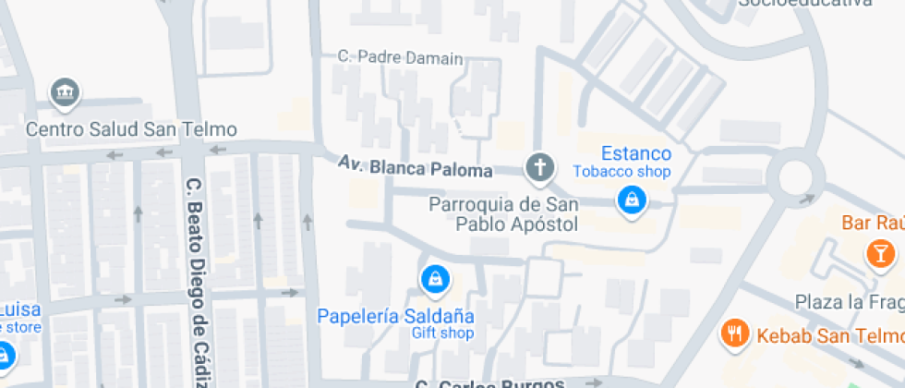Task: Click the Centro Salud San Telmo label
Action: click(131, 129)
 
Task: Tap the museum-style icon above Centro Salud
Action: click(66, 91)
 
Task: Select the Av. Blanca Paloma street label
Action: click(416, 168)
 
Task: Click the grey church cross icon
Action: click(540, 168)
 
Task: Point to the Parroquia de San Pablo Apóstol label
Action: click(504, 213)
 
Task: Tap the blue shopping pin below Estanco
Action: click(632, 199)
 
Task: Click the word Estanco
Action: click(635, 153)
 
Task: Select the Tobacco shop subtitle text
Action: click(621, 172)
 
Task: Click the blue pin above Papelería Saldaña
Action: click(433, 277)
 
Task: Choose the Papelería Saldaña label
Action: click(396, 316)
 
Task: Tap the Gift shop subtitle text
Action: click(442, 333)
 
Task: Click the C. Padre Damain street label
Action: click(401, 58)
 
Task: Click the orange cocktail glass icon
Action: click(879, 252)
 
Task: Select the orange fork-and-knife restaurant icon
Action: click(735, 333)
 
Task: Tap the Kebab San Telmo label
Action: click(829, 334)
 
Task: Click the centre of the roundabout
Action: click(793, 173)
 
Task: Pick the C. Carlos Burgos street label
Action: click(489, 382)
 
